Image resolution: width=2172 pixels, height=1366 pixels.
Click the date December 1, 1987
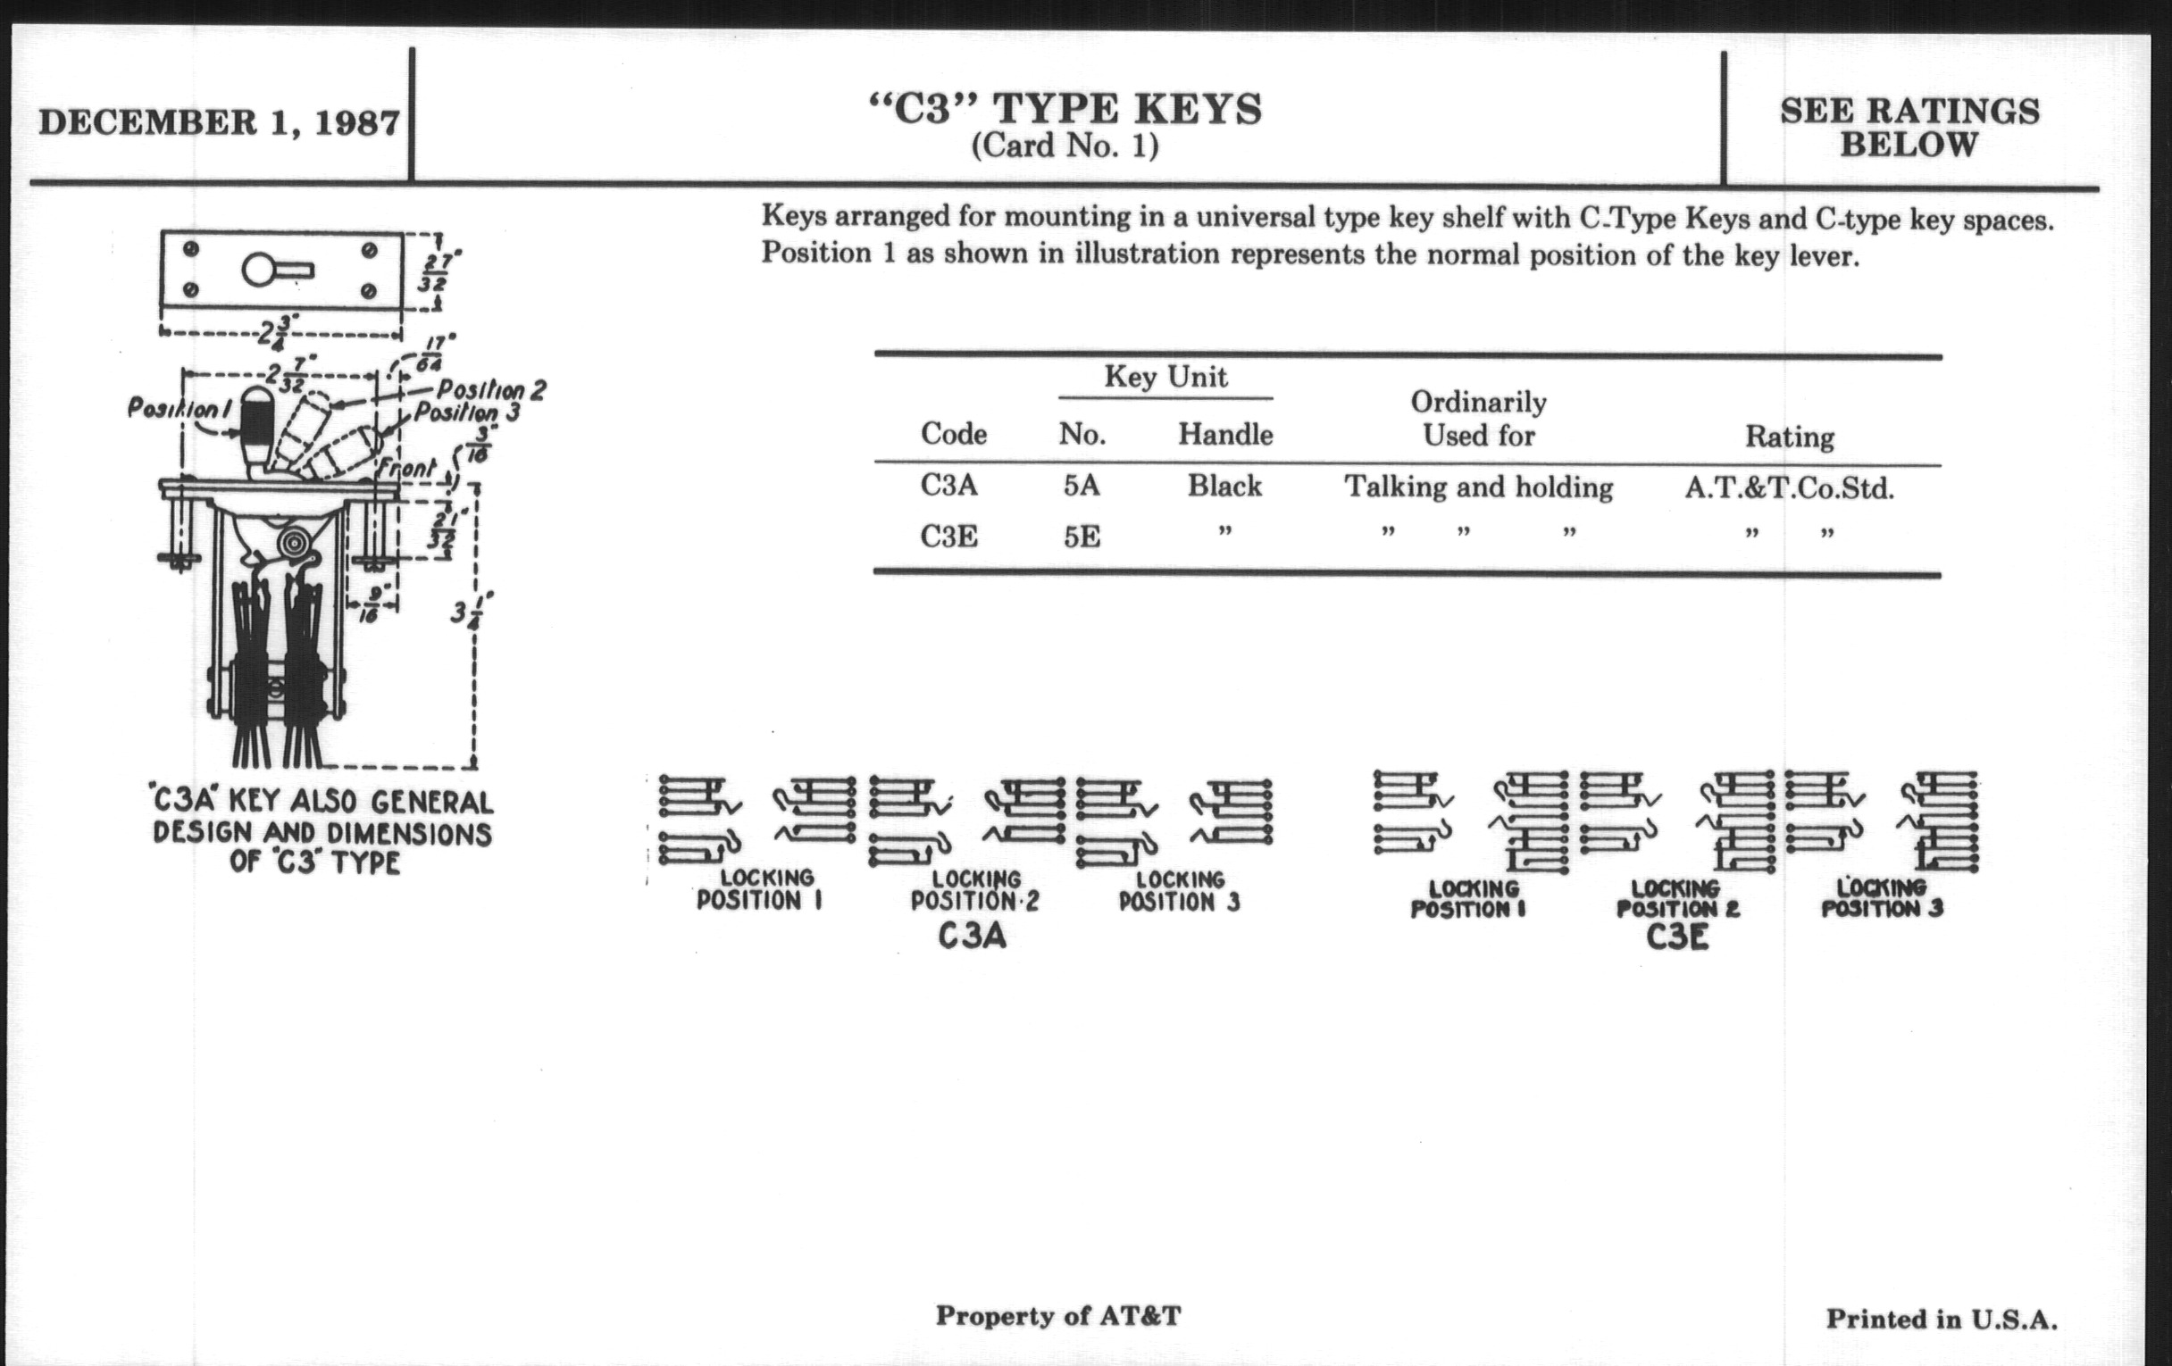219,122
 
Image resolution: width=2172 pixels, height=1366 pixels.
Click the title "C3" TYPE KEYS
1065,109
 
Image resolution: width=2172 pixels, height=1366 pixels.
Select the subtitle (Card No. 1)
1065,146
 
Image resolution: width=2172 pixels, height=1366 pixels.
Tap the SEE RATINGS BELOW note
1909,127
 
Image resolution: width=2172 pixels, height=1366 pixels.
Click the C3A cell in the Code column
948,485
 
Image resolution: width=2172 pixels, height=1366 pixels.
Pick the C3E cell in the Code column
948,537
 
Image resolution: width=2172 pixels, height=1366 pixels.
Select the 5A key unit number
1082,486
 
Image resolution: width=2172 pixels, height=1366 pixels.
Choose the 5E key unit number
1082,537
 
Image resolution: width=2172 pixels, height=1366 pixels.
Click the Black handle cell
1224,486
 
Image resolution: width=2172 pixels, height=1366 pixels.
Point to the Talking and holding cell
1478,487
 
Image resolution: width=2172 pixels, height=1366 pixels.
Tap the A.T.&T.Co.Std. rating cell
1790,488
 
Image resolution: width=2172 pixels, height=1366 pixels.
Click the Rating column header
1790,437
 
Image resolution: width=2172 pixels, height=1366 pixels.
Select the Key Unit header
1165,376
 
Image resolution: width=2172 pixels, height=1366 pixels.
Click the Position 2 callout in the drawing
491,390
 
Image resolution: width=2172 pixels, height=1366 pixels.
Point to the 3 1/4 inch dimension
472,610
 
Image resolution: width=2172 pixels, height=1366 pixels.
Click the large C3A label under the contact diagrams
972,937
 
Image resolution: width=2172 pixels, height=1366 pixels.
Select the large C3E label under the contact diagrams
1677,937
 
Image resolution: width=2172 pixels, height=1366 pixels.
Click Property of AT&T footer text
1058,1315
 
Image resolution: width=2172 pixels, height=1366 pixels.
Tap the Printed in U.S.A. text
1942,1319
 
